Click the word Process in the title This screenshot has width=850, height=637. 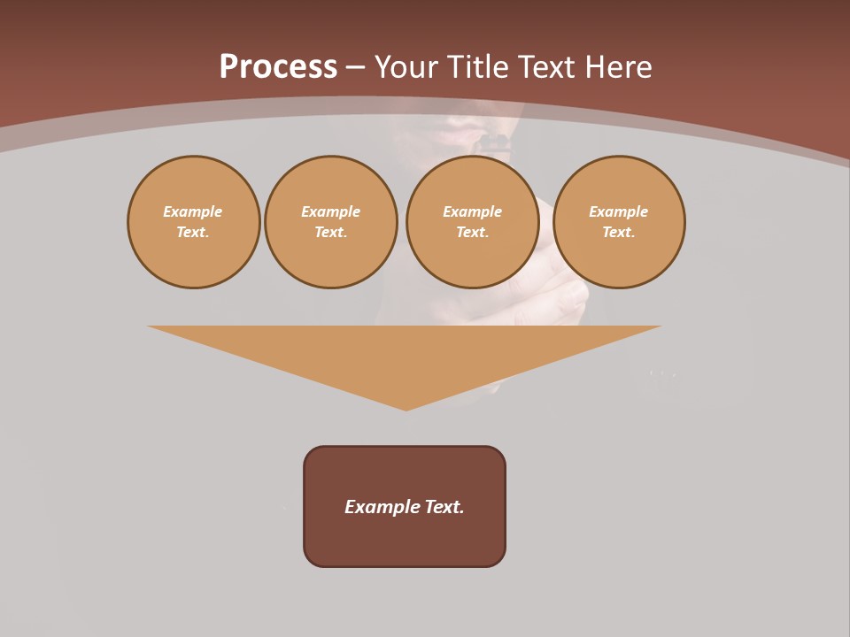point(278,67)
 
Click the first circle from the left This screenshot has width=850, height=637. point(193,222)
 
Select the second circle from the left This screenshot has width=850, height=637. point(331,222)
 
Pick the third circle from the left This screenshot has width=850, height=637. point(473,222)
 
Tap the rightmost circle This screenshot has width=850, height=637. point(619,222)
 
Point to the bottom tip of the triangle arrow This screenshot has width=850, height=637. point(406,409)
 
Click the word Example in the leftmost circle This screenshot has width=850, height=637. point(193,212)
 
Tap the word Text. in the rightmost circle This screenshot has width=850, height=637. point(619,233)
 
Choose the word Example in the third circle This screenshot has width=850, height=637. point(473,212)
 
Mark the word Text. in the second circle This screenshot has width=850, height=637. point(331,233)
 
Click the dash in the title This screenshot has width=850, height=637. point(356,67)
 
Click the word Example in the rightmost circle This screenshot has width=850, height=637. point(619,212)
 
